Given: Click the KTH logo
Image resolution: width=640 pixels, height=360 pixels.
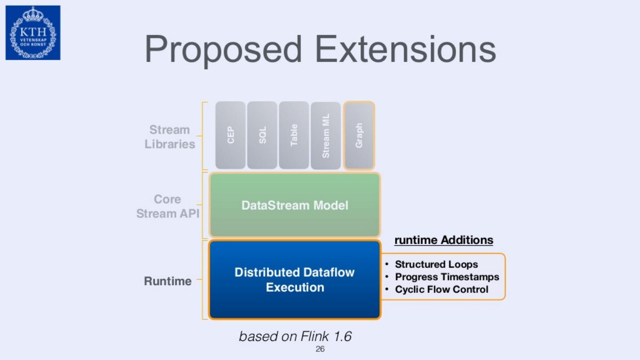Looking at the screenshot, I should click(33, 33).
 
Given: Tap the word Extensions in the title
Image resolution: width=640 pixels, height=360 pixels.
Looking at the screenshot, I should click(405, 49).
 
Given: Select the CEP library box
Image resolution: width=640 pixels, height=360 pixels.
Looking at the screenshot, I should click(230, 135).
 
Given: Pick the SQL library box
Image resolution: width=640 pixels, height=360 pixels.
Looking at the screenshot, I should click(262, 135).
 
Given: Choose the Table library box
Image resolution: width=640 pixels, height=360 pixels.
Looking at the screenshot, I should click(294, 135).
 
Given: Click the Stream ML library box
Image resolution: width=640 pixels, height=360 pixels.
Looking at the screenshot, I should click(326, 135).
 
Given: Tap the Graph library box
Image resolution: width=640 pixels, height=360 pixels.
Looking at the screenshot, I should click(359, 135).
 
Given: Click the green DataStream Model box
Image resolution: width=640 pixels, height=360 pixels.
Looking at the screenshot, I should click(295, 205).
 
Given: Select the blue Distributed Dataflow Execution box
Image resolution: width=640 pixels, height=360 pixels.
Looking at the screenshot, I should click(295, 280).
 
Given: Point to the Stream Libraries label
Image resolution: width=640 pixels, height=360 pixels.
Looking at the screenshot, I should click(170, 137).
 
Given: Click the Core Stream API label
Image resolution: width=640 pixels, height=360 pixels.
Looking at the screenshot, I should click(168, 206).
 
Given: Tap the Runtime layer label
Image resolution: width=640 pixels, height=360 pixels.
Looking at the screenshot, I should click(168, 281).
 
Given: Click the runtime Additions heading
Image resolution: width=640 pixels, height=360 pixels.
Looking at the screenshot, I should click(444, 240).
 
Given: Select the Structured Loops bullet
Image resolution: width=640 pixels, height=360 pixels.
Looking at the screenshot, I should click(436, 264).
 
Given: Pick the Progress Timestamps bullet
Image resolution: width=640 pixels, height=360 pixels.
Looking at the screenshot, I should click(447, 277).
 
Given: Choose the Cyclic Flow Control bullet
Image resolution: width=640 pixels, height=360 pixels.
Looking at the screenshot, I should click(441, 289).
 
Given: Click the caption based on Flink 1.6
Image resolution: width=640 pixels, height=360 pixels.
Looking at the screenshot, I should click(295, 336).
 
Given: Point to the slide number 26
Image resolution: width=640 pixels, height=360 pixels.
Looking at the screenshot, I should click(320, 349).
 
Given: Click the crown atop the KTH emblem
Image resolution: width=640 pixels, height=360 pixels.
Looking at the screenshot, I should click(33, 14).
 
